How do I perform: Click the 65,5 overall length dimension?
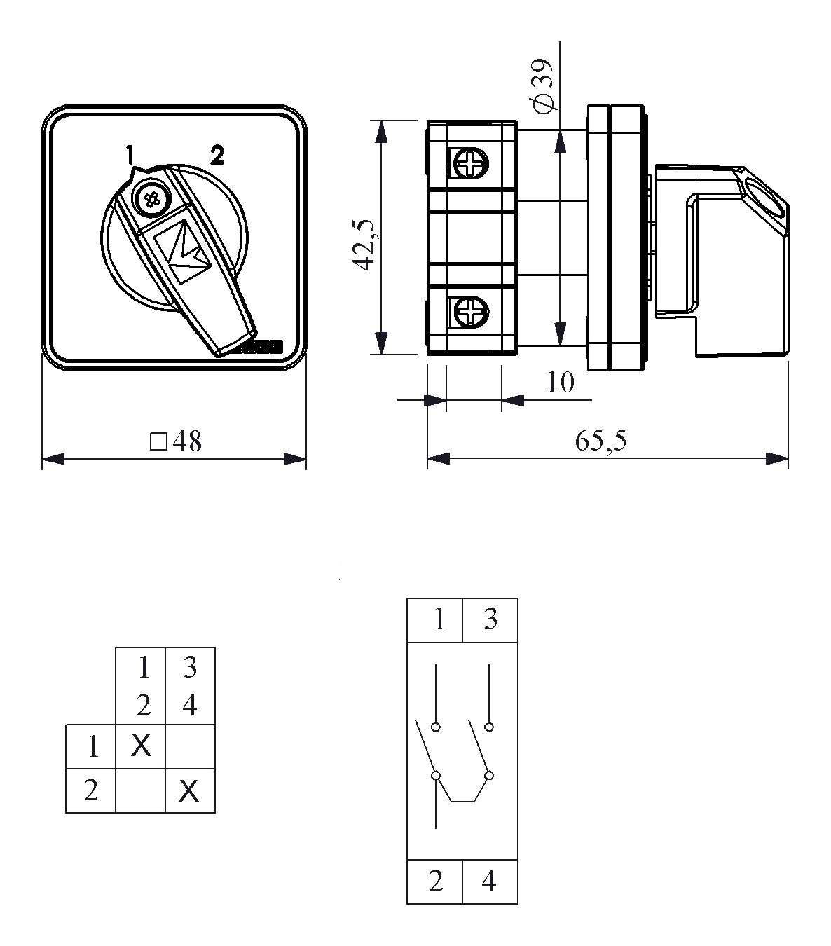600,440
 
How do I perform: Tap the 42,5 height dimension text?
364,244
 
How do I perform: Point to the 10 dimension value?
561,383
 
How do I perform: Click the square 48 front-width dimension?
176,441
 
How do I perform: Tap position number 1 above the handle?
130,156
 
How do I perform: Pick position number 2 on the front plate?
217,155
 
